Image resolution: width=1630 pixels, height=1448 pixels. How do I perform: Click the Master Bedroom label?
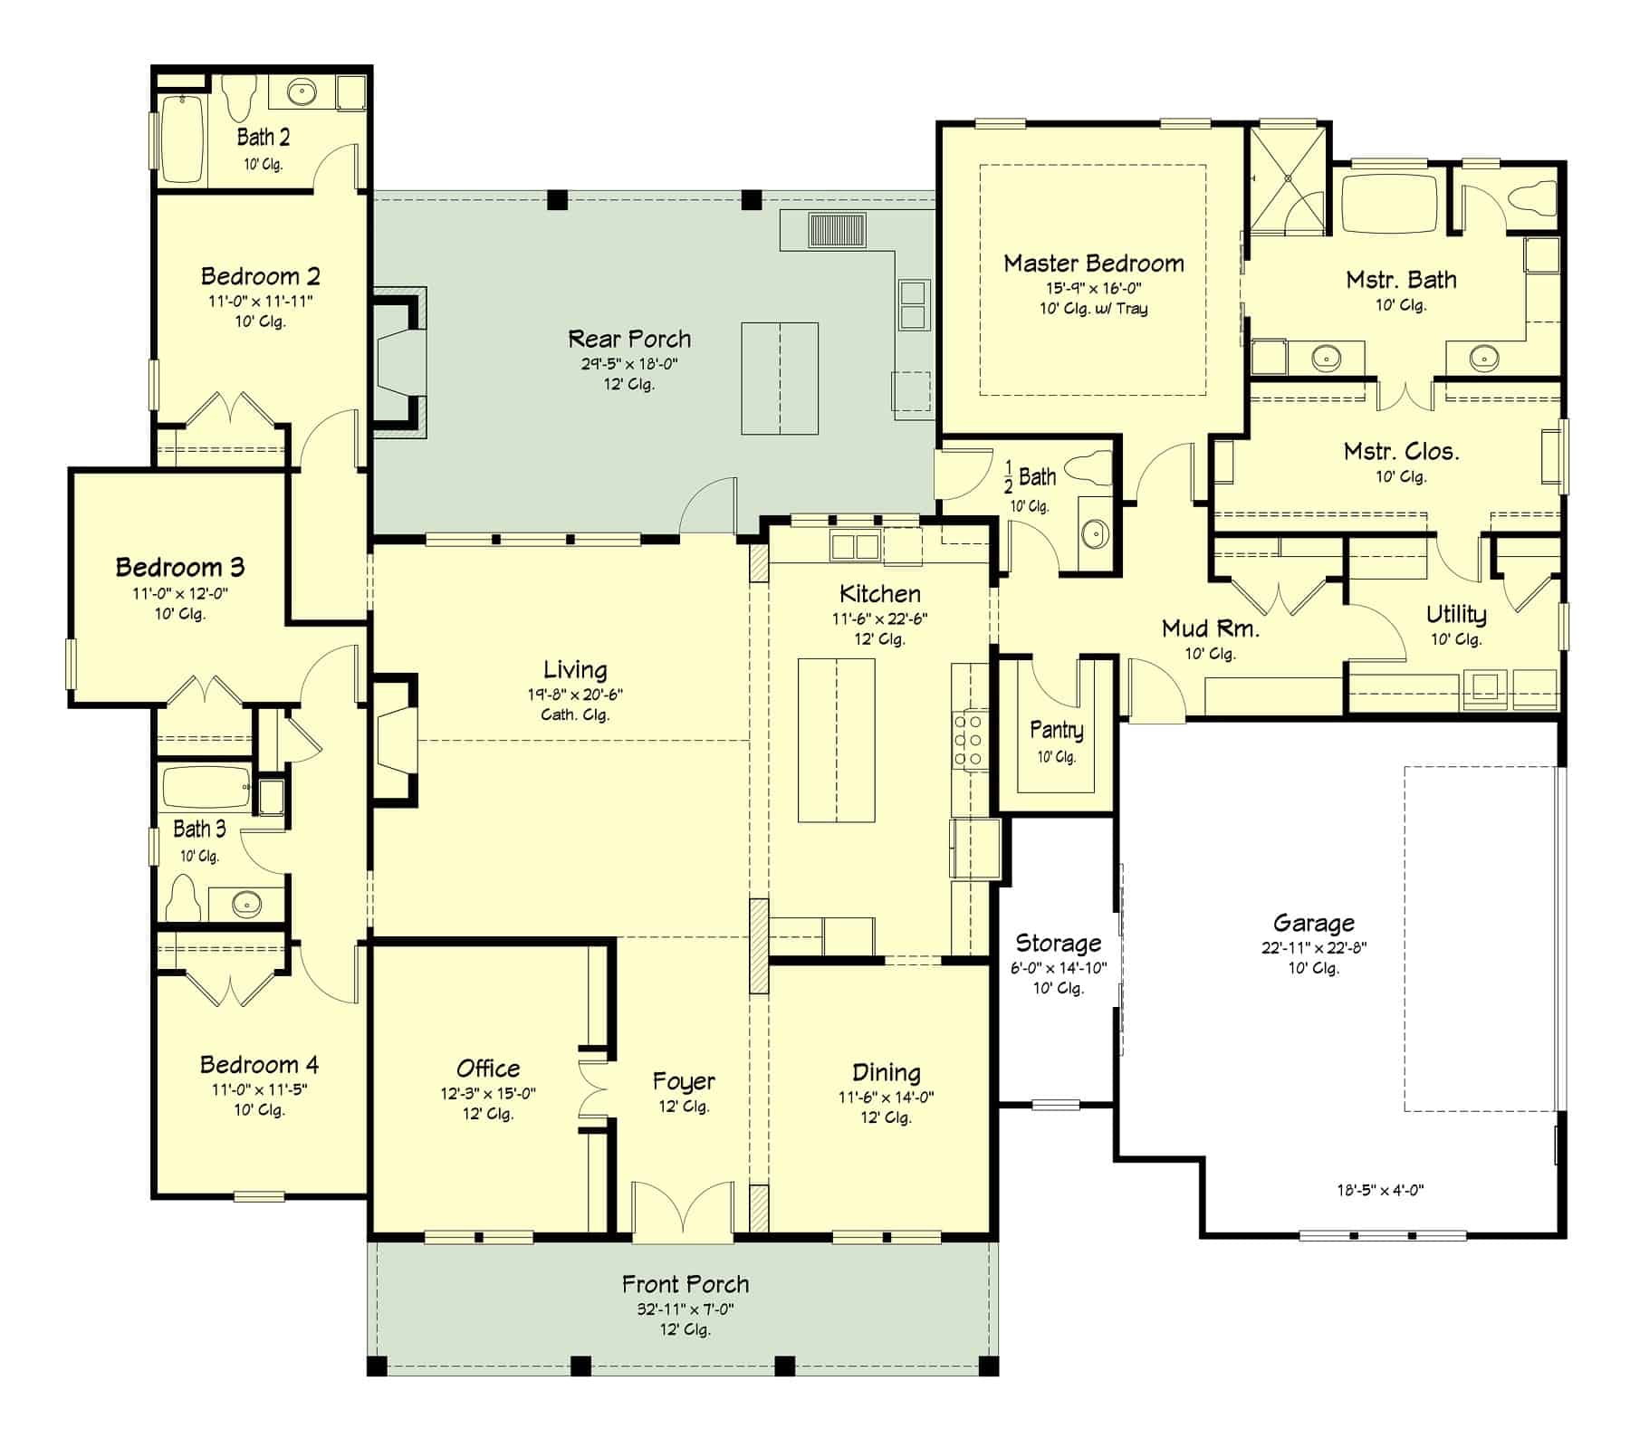pos(1093,264)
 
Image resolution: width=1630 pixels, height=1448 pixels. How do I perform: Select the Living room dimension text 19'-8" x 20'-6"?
pos(575,695)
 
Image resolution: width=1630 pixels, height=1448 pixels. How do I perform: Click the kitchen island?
pos(836,740)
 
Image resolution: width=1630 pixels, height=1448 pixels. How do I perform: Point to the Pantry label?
pos(1056,730)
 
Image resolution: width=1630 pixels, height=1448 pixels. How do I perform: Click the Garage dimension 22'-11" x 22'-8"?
pos(1313,948)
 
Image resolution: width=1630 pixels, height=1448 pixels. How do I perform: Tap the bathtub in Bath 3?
pos(206,788)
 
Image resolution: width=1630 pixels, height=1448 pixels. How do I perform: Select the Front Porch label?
pos(686,1284)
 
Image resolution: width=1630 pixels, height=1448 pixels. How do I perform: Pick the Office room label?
pos(488,1069)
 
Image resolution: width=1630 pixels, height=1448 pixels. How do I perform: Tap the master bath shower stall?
pos(1286,182)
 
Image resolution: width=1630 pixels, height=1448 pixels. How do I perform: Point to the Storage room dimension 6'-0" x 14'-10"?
pos(1059,968)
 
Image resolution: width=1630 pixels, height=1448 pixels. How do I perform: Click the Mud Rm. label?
pos(1210,628)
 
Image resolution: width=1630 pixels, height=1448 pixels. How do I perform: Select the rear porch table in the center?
pos(780,379)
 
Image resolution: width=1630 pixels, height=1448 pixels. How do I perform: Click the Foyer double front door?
pos(683,1212)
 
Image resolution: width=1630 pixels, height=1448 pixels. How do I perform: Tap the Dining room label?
pos(886,1072)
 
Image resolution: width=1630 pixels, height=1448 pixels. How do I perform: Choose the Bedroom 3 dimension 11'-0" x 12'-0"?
pos(179,594)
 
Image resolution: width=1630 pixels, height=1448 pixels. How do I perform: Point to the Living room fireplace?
pos(395,739)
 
